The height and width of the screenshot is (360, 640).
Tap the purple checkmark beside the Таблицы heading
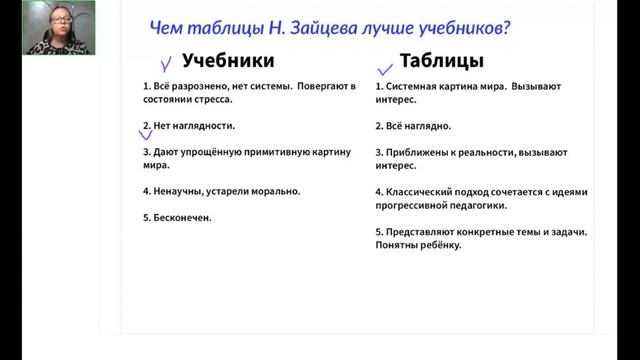coord(383,69)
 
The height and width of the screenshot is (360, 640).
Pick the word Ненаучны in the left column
coord(177,191)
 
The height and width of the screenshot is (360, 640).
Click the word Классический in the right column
coord(418,191)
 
